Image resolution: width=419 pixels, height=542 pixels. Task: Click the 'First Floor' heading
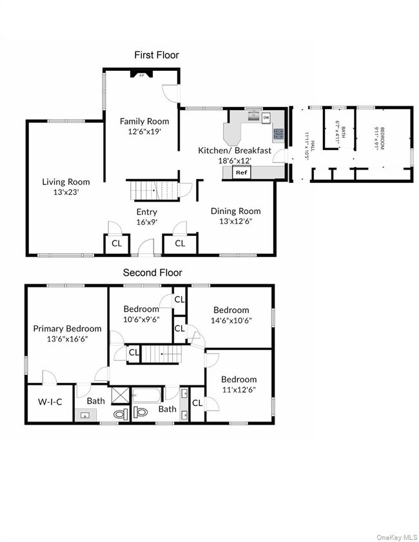point(156,55)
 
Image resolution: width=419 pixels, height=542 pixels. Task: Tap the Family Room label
point(144,121)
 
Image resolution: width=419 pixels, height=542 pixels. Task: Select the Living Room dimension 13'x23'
point(65,191)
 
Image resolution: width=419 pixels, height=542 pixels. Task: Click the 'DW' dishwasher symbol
point(266,118)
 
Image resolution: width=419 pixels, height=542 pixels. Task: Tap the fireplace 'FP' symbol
point(141,75)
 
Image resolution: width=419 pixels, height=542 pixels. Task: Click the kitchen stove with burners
point(279,134)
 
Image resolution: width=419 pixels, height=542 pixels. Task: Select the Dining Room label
point(236,211)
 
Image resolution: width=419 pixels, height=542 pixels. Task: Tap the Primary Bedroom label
point(68,328)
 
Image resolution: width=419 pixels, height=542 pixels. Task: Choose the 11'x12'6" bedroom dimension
point(239,389)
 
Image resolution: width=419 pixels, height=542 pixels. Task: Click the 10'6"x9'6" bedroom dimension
point(141,319)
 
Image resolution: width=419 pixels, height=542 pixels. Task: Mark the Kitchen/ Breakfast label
point(233,150)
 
